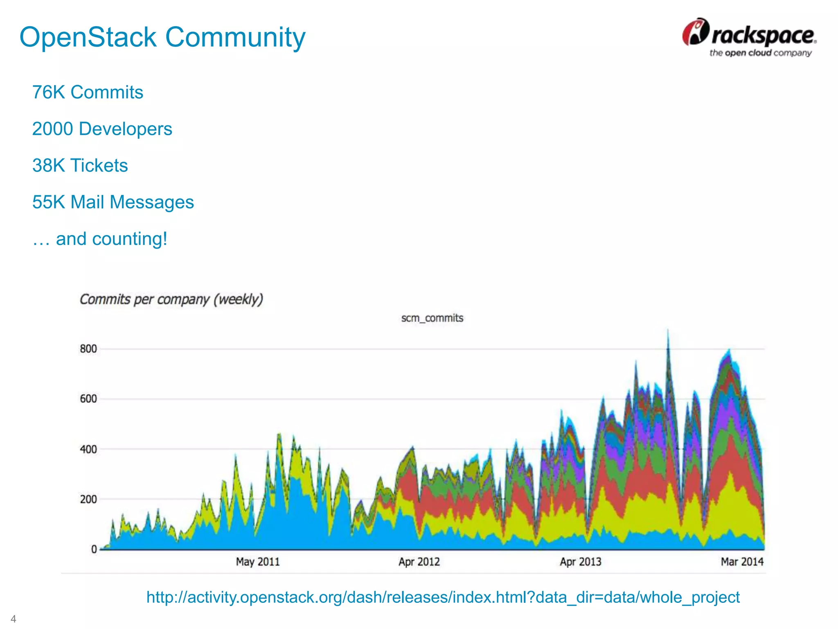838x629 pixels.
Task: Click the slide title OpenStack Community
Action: pos(162,37)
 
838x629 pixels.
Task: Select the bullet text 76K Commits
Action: pos(88,92)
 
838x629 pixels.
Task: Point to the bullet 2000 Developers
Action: pos(102,129)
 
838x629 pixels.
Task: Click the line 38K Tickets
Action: pos(80,165)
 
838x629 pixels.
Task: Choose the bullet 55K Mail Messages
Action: pos(113,202)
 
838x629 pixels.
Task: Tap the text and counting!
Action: pos(100,239)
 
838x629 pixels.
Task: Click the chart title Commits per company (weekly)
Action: pos(171,299)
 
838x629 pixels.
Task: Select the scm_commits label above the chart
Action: pos(432,318)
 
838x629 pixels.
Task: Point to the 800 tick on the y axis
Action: pos(88,349)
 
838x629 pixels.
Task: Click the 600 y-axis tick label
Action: pos(88,399)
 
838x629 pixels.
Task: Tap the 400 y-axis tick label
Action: pos(88,449)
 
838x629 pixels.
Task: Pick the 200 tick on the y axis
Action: pos(88,499)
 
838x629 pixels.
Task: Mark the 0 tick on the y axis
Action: pos(94,549)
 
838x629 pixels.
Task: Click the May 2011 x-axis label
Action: pos(258,562)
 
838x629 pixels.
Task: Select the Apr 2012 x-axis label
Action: pos(419,562)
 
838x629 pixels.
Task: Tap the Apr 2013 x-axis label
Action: pos(580,562)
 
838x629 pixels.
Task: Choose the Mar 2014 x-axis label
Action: pos(742,562)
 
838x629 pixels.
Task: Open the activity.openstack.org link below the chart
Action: pos(443,597)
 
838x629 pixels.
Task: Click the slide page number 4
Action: pos(14,618)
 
